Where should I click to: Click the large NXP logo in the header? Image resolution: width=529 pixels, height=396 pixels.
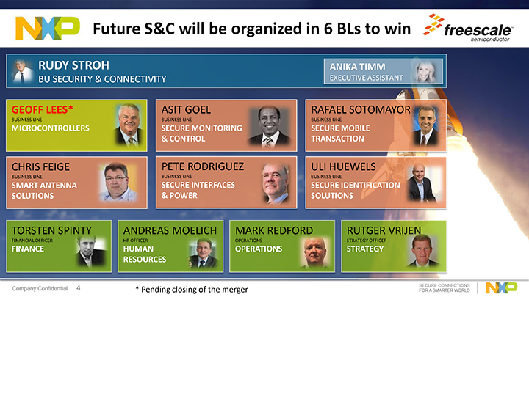[48, 29]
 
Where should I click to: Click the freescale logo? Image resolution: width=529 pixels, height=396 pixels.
[468, 28]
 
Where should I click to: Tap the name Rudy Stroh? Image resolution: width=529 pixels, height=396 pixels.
[73, 65]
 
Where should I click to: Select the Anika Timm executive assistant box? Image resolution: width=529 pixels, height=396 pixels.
[384, 71]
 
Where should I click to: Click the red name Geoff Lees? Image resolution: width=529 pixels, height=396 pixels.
[42, 109]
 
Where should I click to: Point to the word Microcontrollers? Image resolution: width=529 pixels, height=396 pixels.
[51, 128]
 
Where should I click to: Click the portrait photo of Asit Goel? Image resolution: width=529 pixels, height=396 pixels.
[269, 126]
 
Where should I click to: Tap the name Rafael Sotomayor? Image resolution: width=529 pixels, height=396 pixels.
[361, 109]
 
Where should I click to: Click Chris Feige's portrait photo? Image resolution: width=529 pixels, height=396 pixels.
[118, 182]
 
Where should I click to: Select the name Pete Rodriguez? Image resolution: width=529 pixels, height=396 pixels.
[203, 166]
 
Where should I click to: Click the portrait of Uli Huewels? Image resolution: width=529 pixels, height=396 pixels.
[422, 182]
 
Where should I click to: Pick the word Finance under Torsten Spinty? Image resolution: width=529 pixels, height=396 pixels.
[28, 249]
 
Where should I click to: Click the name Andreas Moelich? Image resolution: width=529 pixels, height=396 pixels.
[170, 230]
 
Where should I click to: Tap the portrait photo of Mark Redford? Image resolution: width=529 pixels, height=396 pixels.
[314, 252]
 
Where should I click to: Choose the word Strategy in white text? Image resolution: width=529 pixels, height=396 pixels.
[365, 249]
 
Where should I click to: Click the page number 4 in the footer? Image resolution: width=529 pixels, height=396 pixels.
[79, 288]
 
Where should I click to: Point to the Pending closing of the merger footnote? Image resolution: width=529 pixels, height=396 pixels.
[192, 290]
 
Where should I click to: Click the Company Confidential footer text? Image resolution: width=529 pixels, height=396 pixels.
[40, 289]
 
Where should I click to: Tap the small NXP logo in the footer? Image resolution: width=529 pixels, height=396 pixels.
[501, 287]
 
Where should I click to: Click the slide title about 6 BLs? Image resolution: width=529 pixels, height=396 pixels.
[252, 29]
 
